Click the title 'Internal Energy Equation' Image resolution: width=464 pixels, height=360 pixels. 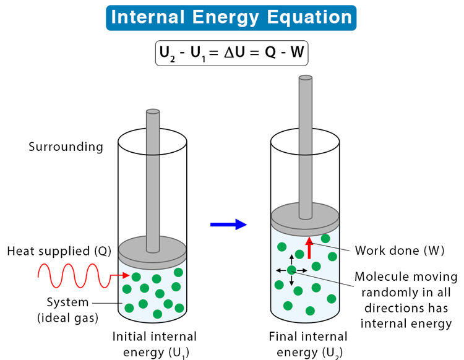[x=231, y=17]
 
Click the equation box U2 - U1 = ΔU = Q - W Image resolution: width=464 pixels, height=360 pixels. [x=231, y=53]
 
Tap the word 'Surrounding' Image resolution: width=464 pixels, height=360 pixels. [x=66, y=147]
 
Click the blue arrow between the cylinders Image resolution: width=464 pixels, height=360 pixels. [x=228, y=225]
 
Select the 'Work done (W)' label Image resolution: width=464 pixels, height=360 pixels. [x=396, y=251]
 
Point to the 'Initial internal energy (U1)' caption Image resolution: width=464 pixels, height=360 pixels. [x=154, y=345]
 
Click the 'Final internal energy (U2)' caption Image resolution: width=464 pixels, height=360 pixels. [x=308, y=345]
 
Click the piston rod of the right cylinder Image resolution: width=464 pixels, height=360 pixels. [x=306, y=142]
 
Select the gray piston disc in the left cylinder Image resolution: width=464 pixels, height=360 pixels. [x=153, y=249]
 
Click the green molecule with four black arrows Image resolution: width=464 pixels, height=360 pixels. [x=291, y=270]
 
